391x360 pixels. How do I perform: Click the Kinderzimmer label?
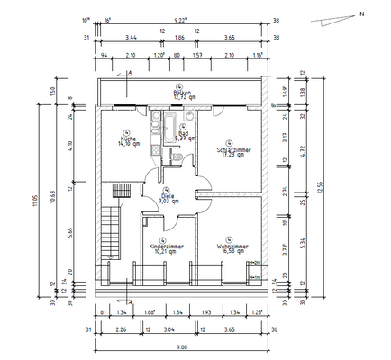coord(166,246)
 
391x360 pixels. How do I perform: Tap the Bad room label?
coord(182,134)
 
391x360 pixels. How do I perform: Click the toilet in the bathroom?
coord(180,159)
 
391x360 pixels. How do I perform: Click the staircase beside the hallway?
coord(111,220)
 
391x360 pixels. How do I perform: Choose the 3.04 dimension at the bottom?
coord(168,328)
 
